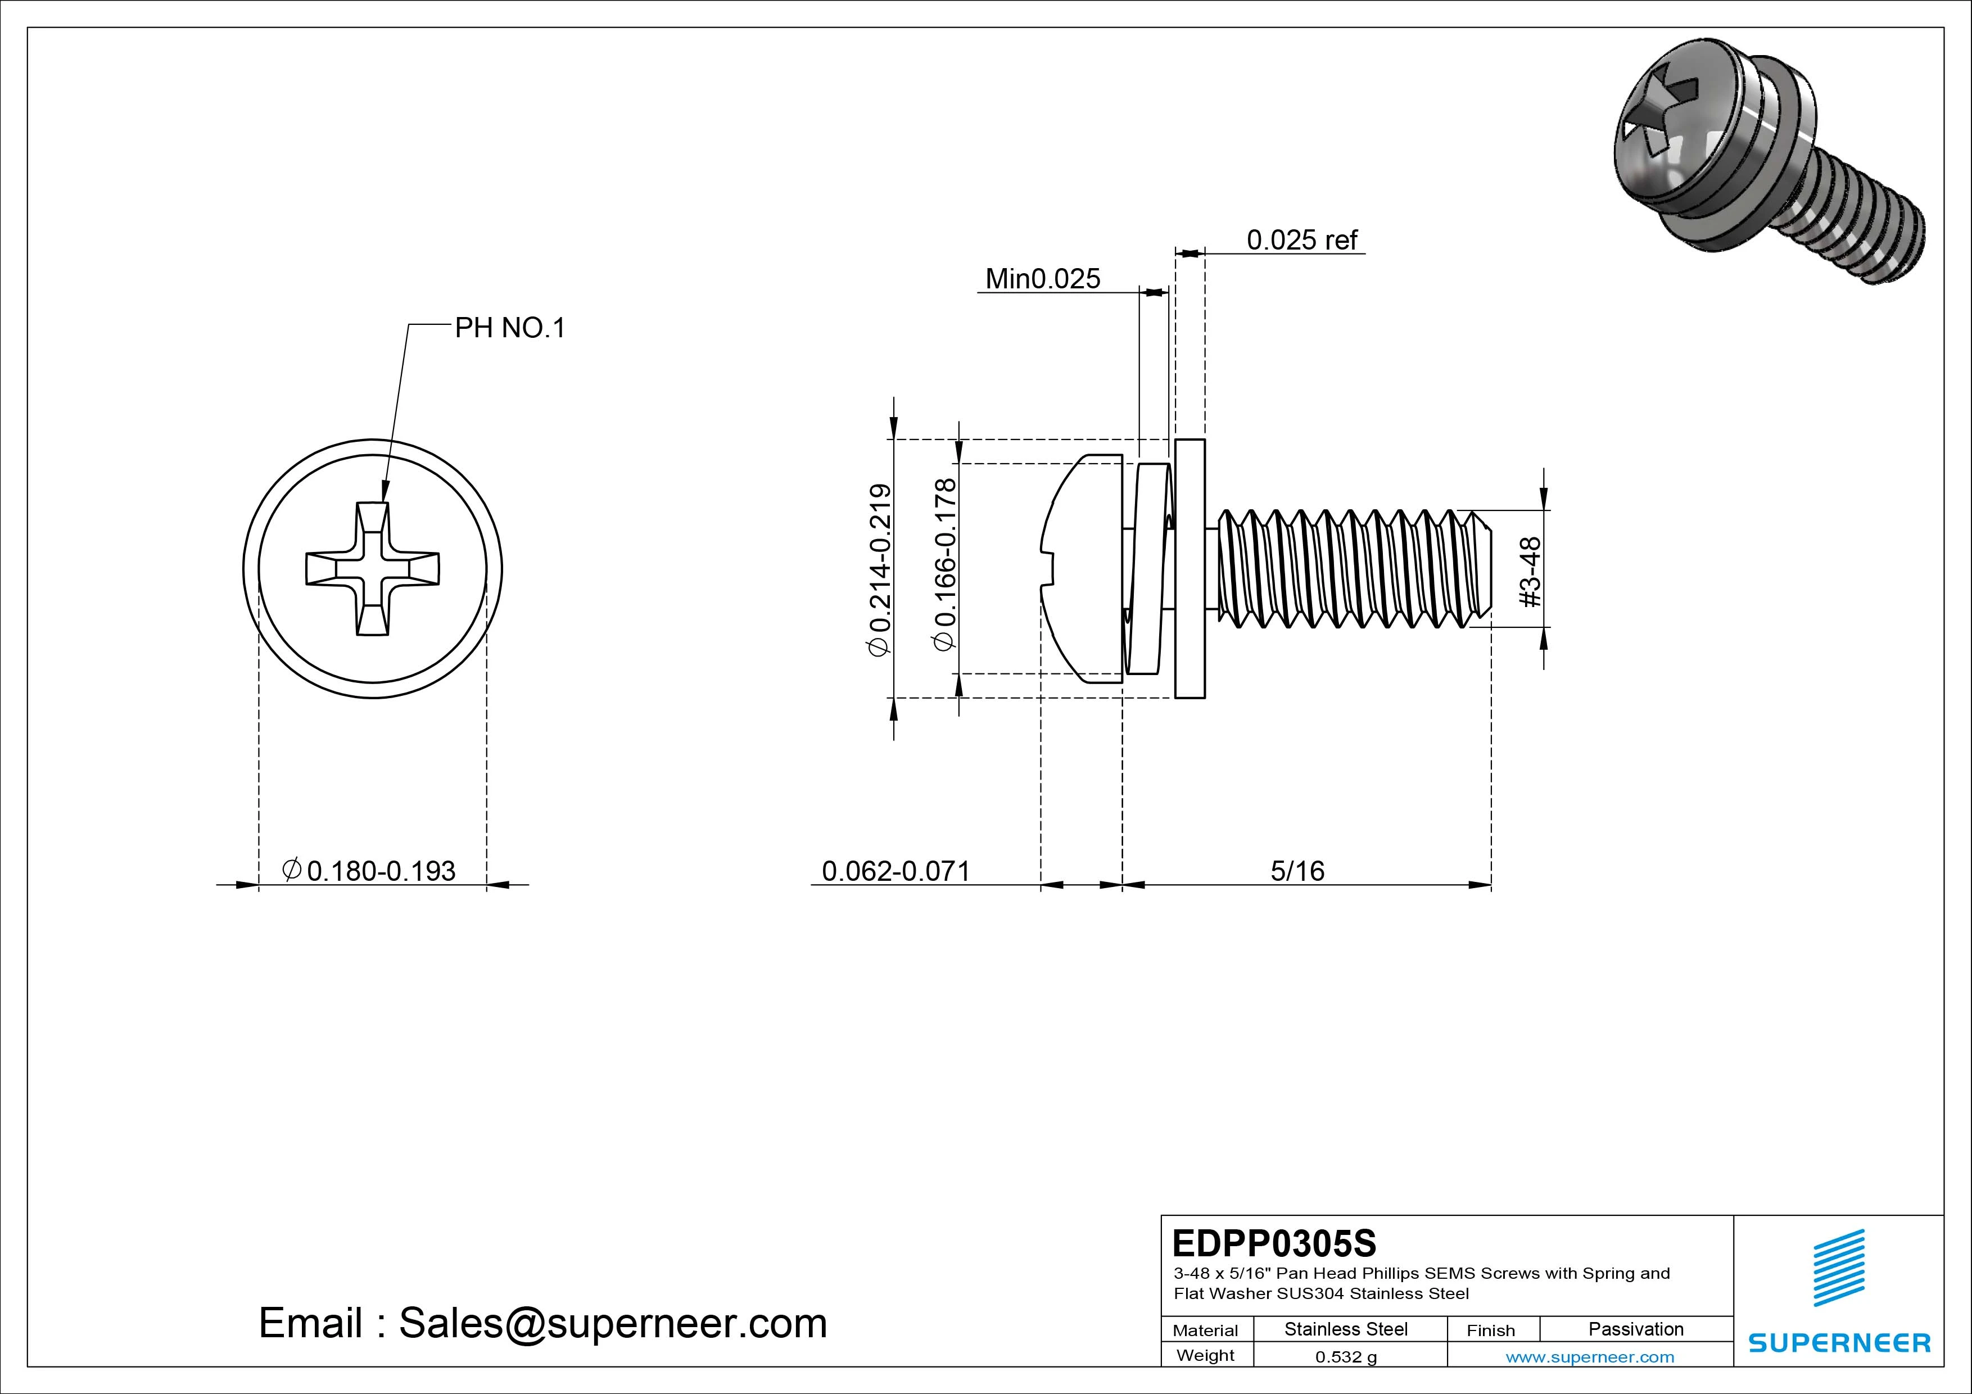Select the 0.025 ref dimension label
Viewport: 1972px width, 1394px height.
coord(1301,239)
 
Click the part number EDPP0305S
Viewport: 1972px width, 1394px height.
coord(1274,1243)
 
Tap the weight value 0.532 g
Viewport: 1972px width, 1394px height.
coord(1346,1357)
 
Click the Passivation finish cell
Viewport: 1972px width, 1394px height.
coord(1635,1329)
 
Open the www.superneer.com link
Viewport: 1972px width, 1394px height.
coord(1590,1357)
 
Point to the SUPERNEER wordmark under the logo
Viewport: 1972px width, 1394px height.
coord(1839,1342)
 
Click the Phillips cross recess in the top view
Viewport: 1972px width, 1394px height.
coord(373,569)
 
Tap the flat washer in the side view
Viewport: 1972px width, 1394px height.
coord(1189,569)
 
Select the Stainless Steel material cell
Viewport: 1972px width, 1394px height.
coord(1345,1329)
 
